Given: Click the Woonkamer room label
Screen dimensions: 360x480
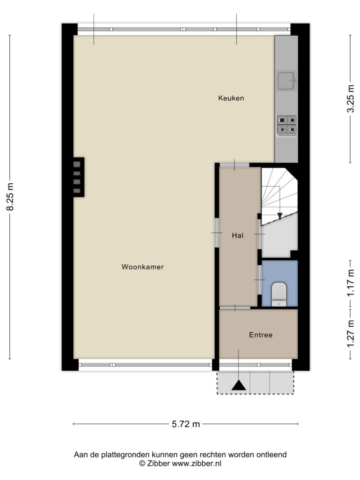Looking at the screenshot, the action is pyautogui.click(x=142, y=267).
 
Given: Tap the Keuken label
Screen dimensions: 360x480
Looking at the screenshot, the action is pyautogui.click(x=231, y=98).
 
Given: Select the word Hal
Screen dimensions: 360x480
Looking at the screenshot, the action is pyautogui.click(x=238, y=235).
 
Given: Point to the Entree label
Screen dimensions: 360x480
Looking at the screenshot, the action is pyautogui.click(x=261, y=335).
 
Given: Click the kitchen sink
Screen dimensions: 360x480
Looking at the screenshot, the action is pyautogui.click(x=286, y=81).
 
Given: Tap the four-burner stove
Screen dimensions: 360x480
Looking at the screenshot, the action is pyautogui.click(x=287, y=126).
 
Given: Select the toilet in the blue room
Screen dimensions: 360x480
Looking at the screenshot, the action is pyautogui.click(x=279, y=294).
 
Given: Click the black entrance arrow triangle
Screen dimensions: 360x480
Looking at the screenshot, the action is pyautogui.click(x=239, y=385).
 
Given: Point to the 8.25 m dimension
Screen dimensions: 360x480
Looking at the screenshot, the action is pyautogui.click(x=10, y=197).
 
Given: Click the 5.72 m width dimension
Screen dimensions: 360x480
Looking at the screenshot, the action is pyautogui.click(x=186, y=424).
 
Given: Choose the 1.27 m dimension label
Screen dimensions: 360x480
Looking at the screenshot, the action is pyautogui.click(x=351, y=333).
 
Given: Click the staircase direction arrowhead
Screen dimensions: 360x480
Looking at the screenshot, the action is pyautogui.click(x=279, y=216).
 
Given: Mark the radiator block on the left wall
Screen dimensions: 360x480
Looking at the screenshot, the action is pyautogui.click(x=78, y=177).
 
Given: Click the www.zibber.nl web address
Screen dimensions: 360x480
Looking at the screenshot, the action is pyautogui.click(x=196, y=464).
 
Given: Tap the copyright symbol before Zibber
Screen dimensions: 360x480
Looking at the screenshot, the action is pyautogui.click(x=142, y=464).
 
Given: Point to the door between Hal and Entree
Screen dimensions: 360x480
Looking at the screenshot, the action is pyautogui.click(x=235, y=307).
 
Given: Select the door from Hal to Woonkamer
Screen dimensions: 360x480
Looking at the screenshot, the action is pyautogui.click(x=217, y=233).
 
